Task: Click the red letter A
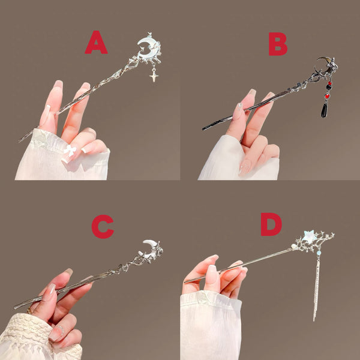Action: point(96,43)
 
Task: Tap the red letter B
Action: point(277,44)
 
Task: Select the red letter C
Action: point(102,226)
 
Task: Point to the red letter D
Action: point(271,224)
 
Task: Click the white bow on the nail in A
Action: point(70,151)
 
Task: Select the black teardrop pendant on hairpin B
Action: point(325,110)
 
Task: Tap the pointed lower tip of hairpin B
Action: point(203,128)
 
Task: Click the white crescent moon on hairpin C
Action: point(150,246)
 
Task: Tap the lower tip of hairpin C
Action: point(15,308)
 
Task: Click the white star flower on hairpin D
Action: point(310,236)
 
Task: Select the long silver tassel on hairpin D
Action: point(315,288)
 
